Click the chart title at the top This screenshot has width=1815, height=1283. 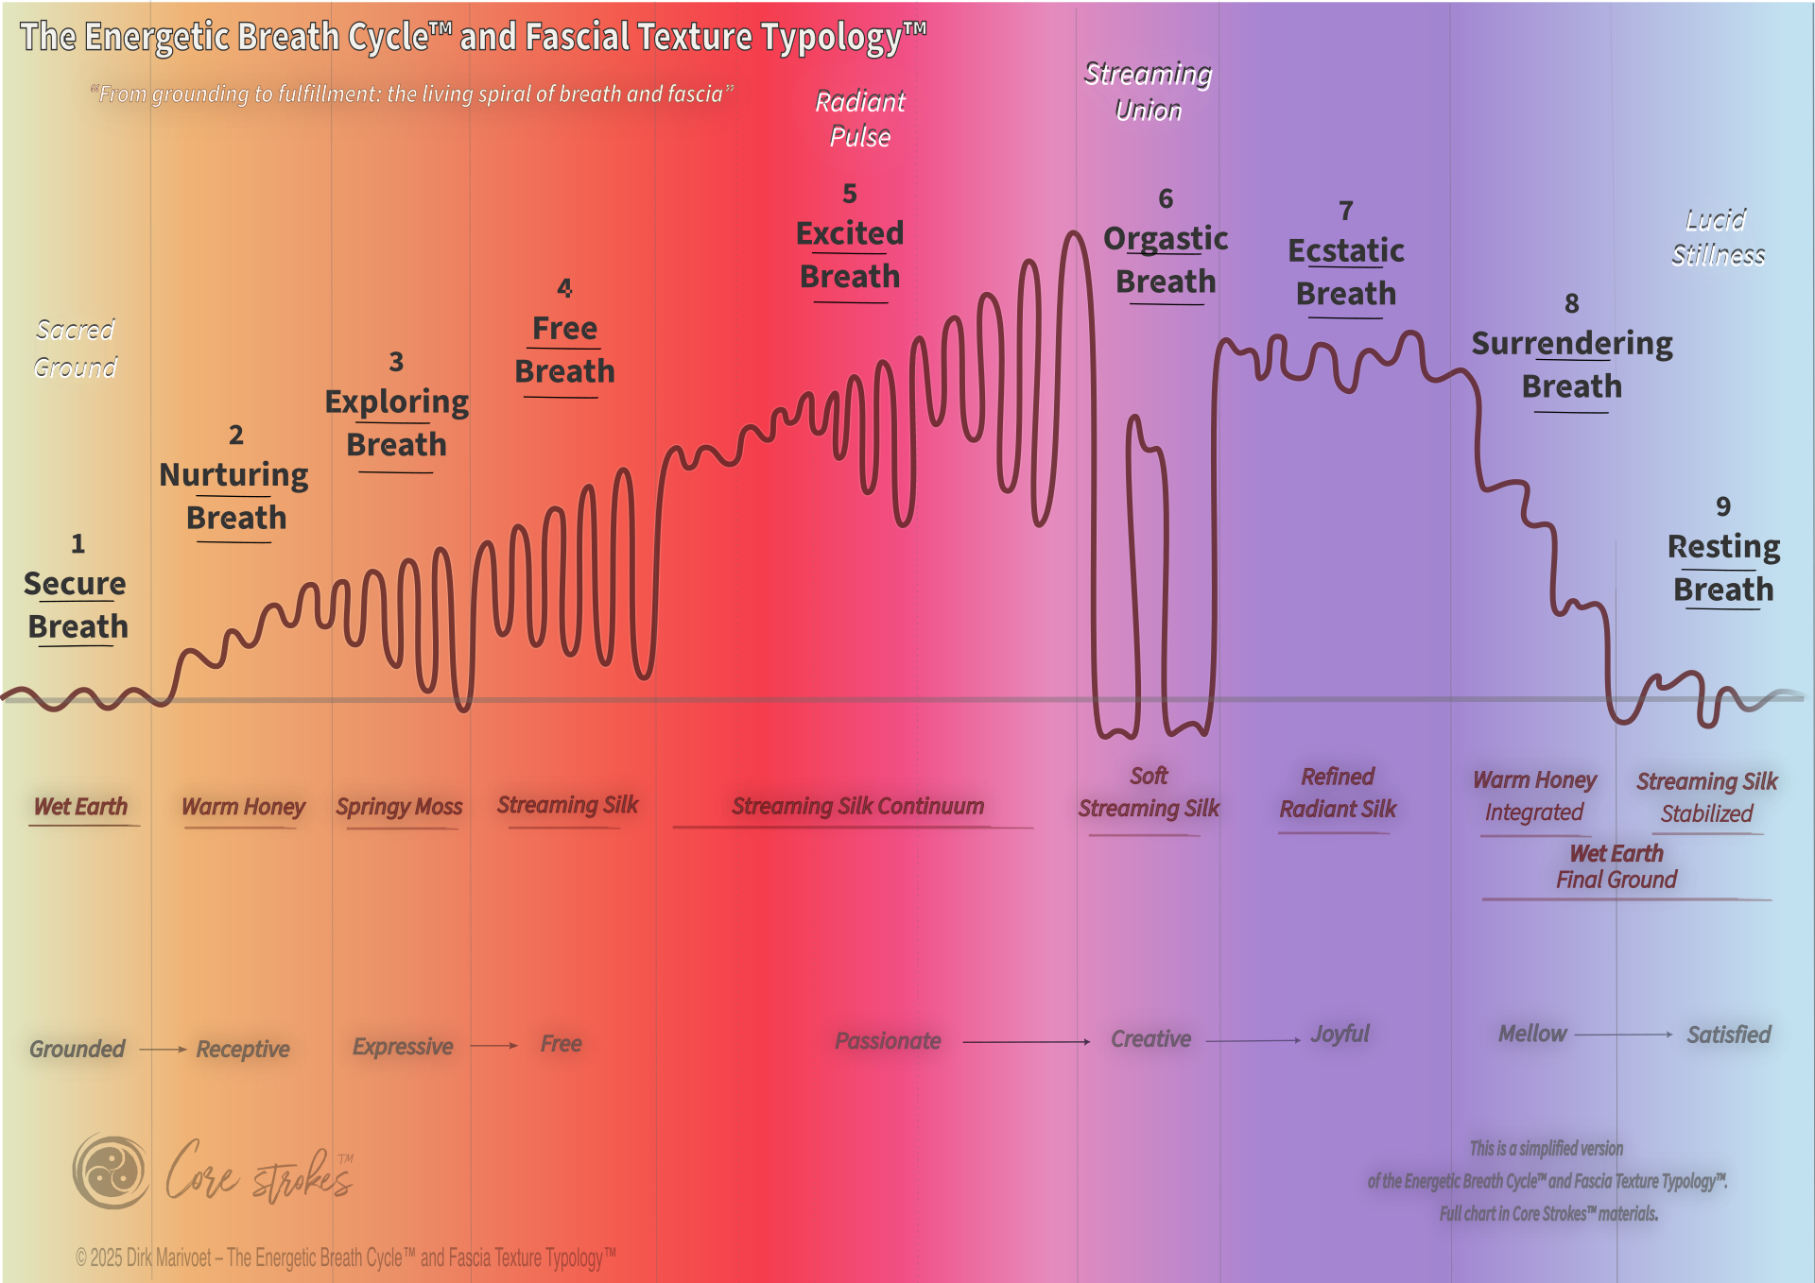[473, 37]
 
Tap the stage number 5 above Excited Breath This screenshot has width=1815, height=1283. [850, 194]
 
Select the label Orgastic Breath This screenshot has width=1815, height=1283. [1166, 260]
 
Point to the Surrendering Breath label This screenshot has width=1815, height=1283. [1571, 365]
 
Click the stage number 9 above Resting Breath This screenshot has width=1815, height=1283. [1723, 506]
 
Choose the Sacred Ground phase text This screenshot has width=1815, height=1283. [76, 348]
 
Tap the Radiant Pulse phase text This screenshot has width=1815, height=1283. [860, 119]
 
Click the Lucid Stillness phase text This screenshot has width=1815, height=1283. [1718, 237]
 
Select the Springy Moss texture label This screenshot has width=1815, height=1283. [399, 807]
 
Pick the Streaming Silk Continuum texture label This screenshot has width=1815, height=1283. [857, 806]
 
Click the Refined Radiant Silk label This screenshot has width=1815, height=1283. [1338, 793]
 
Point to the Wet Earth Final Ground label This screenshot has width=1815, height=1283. [1616, 866]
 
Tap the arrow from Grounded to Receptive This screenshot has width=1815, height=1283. [163, 1049]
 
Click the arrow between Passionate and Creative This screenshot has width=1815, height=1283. [1027, 1041]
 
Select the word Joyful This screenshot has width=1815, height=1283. [1340, 1035]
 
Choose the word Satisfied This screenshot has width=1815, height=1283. [1729, 1035]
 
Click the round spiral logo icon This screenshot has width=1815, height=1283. [112, 1172]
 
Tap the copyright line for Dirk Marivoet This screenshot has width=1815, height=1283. [346, 1257]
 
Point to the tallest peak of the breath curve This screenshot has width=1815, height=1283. [1073, 232]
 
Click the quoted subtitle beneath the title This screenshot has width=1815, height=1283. [412, 94]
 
